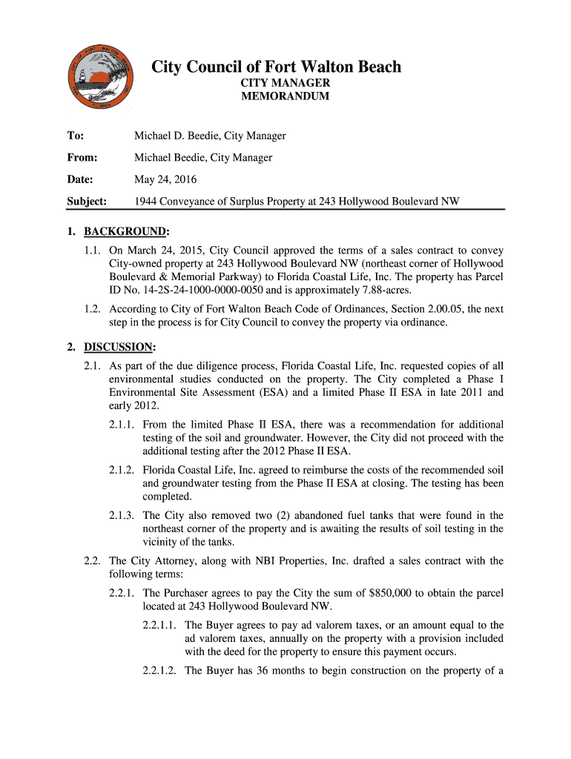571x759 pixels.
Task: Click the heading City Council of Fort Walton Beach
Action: pyautogui.click(x=276, y=67)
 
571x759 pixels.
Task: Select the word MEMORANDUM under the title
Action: pyautogui.click(x=285, y=96)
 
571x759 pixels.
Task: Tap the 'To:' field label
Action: pyautogui.click(x=75, y=136)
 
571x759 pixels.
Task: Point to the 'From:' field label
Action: pyautogui.click(x=82, y=157)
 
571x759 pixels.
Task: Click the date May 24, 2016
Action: pyautogui.click(x=165, y=179)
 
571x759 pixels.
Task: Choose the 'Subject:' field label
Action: pyautogui.click(x=87, y=201)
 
